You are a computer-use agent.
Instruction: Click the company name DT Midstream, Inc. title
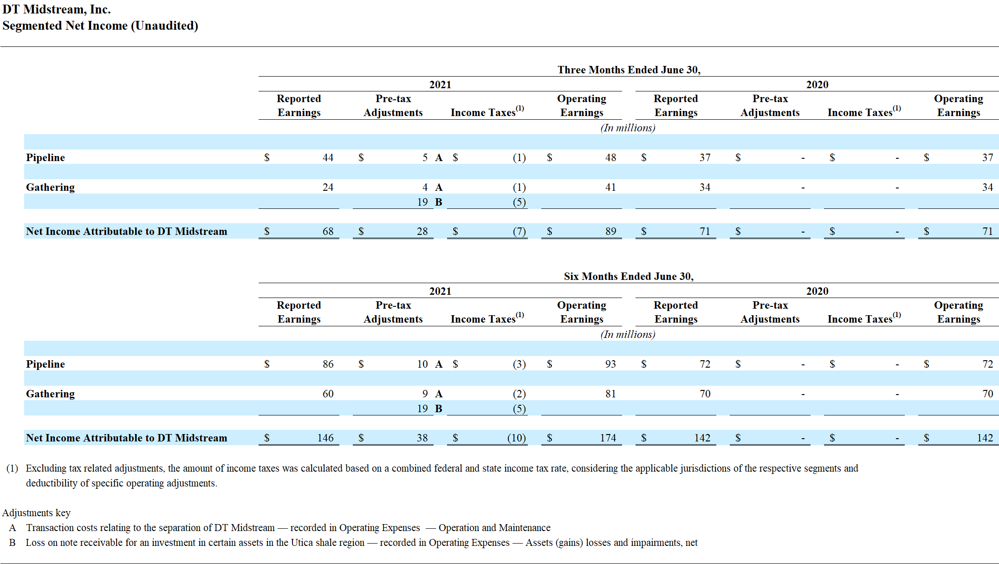coord(57,9)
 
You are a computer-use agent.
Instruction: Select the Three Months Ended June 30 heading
coord(629,70)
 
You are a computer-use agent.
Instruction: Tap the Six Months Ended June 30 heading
coord(629,276)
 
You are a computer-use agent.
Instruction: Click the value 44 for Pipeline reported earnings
coord(328,158)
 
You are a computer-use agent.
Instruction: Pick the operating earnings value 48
coord(610,158)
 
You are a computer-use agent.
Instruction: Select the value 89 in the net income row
coord(610,232)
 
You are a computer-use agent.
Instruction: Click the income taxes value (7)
coord(519,232)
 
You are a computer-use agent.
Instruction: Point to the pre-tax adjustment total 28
coord(422,232)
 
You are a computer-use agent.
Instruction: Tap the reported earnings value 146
coord(325,438)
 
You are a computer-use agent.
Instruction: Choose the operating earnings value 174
coord(608,438)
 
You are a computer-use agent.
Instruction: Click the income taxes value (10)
coord(516,438)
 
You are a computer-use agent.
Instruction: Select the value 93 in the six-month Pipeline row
coord(610,364)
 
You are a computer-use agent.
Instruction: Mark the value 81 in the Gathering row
coord(610,394)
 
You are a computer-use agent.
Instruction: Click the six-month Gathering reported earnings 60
coord(328,394)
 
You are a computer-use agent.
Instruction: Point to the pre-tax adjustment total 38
coord(422,438)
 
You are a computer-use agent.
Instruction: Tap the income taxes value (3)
coord(519,364)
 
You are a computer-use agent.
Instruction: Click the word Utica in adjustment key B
coord(302,543)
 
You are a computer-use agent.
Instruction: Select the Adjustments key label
coord(36,513)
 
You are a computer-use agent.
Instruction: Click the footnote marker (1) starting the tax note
coord(12,468)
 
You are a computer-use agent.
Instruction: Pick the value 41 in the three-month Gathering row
coord(610,188)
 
